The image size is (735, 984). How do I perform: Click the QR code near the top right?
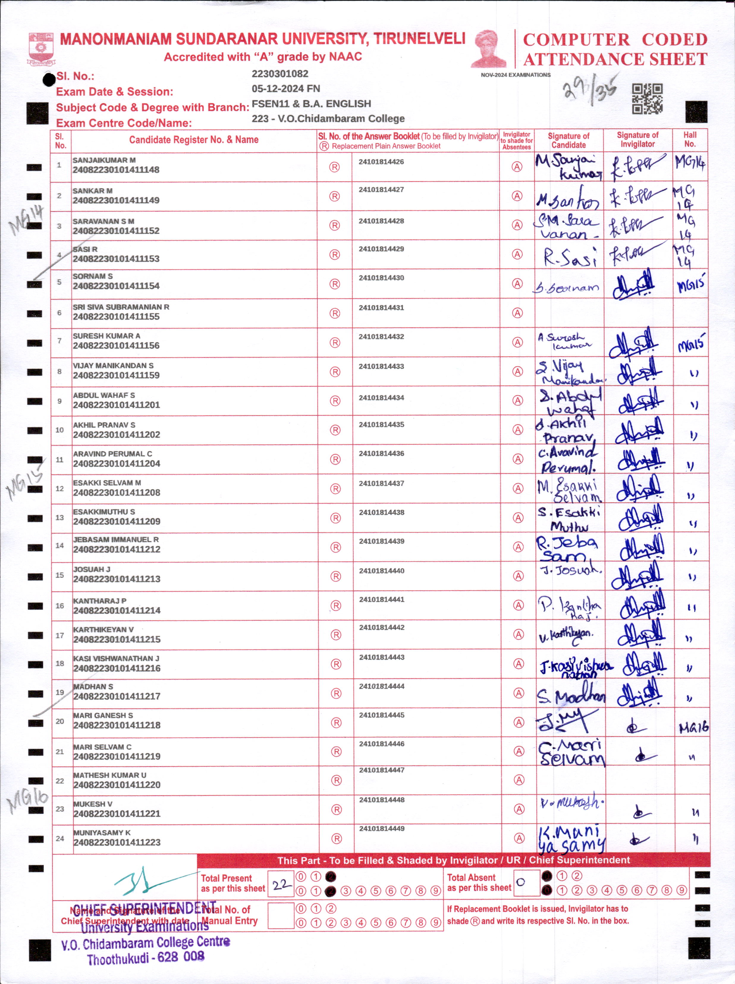tap(647, 99)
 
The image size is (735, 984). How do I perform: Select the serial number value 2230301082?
tap(280, 74)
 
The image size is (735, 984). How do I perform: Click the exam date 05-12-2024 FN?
tap(286, 89)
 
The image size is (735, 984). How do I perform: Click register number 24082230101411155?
tap(116, 317)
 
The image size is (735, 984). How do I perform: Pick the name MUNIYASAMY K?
tap(102, 832)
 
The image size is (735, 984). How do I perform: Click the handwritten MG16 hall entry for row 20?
tap(693, 728)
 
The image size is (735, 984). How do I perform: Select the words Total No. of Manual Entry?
tap(229, 915)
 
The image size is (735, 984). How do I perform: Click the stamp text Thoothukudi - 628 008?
tap(145, 957)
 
